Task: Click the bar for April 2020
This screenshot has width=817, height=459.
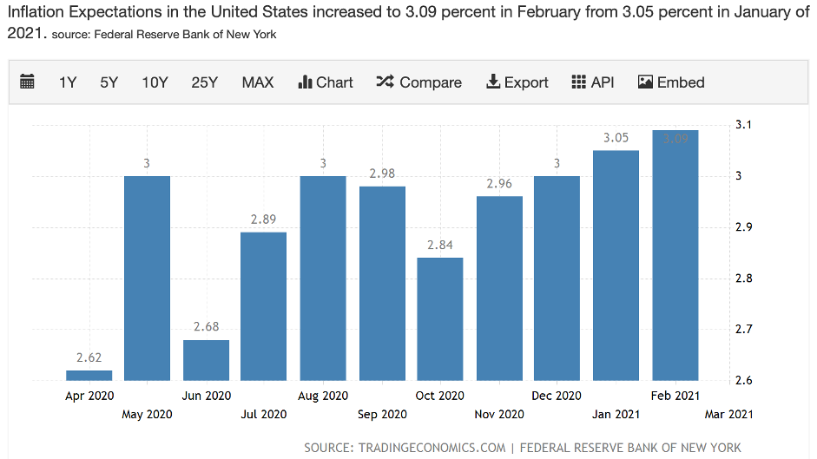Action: tap(89, 375)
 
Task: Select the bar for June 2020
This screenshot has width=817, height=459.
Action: tap(206, 360)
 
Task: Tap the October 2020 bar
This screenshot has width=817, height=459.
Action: tap(439, 318)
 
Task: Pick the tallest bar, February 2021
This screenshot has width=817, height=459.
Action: tap(675, 255)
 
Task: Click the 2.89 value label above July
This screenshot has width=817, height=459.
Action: tap(264, 220)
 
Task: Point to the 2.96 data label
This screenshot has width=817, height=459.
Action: tap(499, 184)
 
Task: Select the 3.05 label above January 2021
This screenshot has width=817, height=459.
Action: tap(616, 138)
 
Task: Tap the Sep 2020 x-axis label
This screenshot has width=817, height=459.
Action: tap(381, 414)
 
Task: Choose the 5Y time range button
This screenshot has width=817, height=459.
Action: tap(109, 82)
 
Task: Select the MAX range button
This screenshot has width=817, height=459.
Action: tap(258, 82)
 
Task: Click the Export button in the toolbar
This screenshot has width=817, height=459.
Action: tap(517, 82)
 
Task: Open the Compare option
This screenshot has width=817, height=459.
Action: tap(418, 82)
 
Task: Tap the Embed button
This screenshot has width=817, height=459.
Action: tap(671, 82)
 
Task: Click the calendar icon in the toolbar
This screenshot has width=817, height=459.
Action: tap(27, 82)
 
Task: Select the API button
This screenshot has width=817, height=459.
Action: tap(593, 82)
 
